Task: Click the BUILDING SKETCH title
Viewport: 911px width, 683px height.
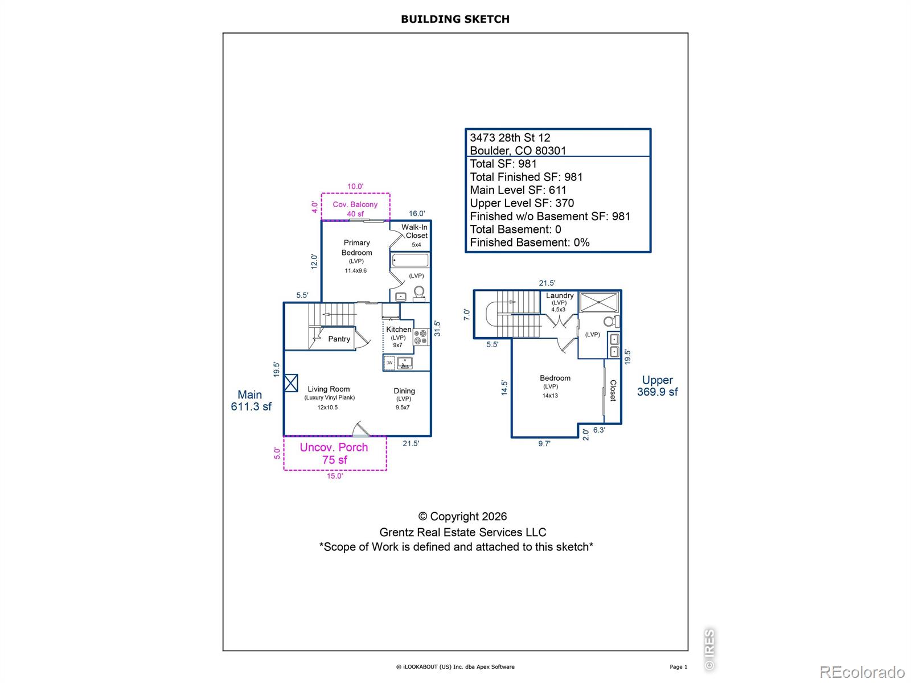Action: pos(455,19)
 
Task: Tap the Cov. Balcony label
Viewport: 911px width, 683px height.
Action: pos(355,204)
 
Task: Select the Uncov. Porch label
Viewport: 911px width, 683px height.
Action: pos(334,447)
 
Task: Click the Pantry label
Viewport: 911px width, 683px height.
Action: pos(339,339)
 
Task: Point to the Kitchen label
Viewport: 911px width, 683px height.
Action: pos(399,330)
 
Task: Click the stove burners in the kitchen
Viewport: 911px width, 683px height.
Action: pos(420,337)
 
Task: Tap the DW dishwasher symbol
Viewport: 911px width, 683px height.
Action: pos(389,363)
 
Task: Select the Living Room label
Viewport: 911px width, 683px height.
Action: pos(329,389)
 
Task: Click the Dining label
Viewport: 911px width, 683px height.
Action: pos(404,390)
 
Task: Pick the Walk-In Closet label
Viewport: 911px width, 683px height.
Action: pos(415,232)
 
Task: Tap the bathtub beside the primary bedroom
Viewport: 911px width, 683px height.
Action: pos(410,261)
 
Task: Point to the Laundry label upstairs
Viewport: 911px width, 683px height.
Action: pos(560,295)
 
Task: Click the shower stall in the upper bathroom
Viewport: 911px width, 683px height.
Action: pos(599,302)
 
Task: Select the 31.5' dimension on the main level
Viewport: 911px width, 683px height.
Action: pos(437,328)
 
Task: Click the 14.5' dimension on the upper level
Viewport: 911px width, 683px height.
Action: pos(504,388)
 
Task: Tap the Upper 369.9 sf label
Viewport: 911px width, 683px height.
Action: pos(658,386)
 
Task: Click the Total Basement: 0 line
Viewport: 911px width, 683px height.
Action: pos(515,229)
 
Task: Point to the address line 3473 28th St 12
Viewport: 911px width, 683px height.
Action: pos(510,138)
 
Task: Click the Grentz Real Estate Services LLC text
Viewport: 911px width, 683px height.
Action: pos(463,532)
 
